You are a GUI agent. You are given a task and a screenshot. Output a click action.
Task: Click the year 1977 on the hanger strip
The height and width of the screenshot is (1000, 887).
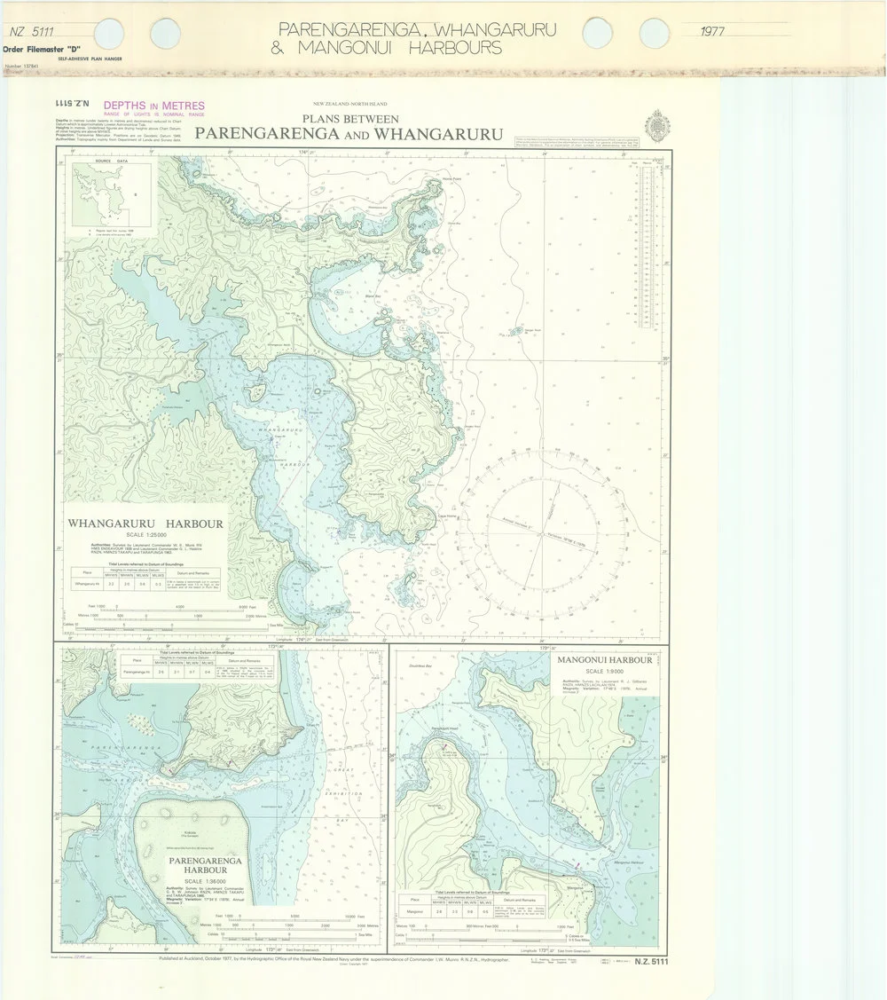pos(711,32)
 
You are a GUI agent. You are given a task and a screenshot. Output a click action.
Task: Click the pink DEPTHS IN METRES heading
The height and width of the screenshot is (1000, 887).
pos(154,106)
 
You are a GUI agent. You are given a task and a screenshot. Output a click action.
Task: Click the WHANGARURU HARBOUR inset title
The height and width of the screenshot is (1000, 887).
pos(146,524)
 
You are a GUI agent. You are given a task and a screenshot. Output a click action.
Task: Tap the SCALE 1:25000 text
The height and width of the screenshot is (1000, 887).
pos(145,535)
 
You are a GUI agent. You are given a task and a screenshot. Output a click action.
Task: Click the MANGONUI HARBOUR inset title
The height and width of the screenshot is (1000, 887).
pos(605,661)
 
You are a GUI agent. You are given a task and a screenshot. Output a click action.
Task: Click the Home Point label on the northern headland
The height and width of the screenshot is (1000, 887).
pos(454,180)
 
